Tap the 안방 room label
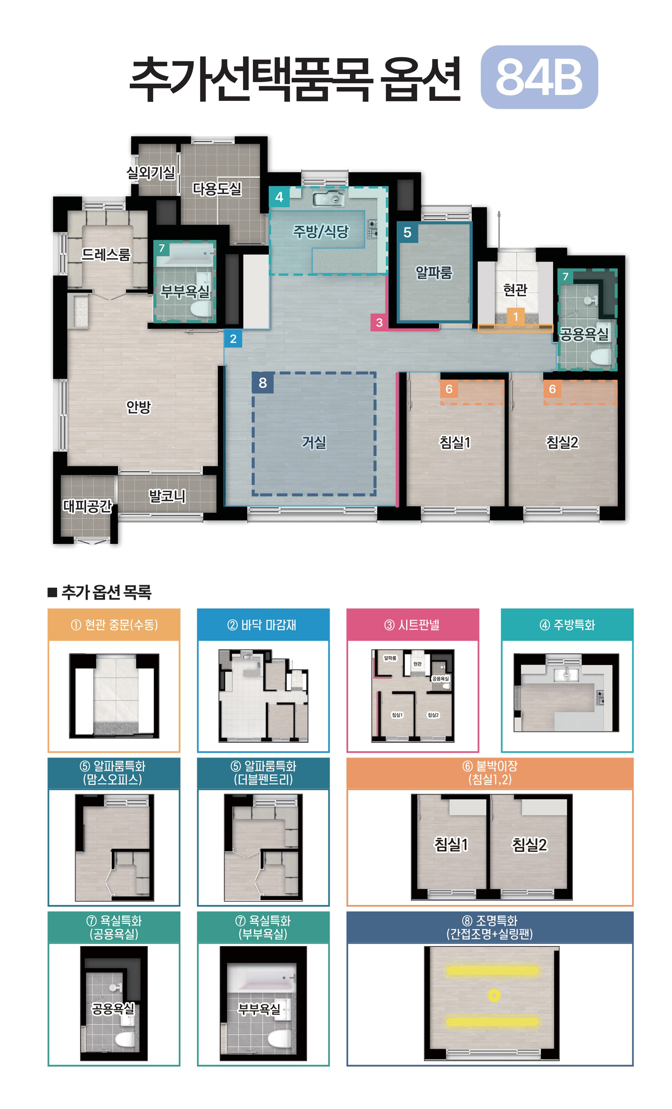pyautogui.click(x=138, y=407)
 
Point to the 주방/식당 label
pyautogui.click(x=321, y=231)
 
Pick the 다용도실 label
pyautogui.click(x=217, y=188)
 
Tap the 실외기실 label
pyautogui.click(x=151, y=172)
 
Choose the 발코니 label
pyautogui.click(x=167, y=496)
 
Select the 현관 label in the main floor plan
pyautogui.click(x=515, y=289)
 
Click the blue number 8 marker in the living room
pyautogui.click(x=263, y=383)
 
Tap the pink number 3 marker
pyautogui.click(x=379, y=322)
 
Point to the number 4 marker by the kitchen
pyautogui.click(x=279, y=197)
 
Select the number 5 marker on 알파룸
pyautogui.click(x=407, y=232)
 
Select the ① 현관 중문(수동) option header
pyautogui.click(x=114, y=625)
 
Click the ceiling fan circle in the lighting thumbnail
pyautogui.click(x=494, y=995)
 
